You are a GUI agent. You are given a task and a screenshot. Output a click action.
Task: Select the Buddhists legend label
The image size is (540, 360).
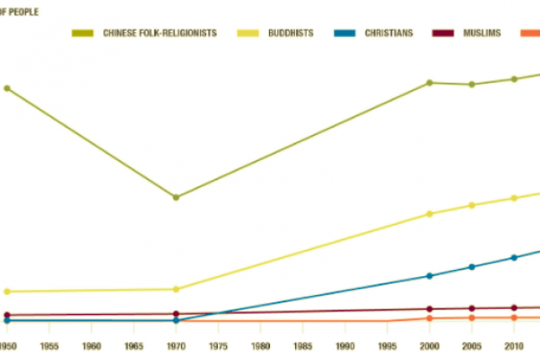[290, 33]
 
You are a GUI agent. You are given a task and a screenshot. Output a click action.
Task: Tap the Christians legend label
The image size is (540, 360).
[389, 33]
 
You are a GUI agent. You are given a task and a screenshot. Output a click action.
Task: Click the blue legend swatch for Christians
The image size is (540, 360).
[345, 33]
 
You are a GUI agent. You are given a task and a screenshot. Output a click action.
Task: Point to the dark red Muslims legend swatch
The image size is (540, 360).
[443, 33]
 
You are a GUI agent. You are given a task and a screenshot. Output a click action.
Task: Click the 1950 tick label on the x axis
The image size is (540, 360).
[7, 346]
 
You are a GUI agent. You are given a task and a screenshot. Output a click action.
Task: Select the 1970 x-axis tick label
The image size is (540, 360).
[176, 346]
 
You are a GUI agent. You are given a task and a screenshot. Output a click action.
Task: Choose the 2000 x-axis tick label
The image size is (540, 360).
[430, 346]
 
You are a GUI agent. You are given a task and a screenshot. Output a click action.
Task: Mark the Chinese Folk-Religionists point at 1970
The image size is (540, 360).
[176, 197]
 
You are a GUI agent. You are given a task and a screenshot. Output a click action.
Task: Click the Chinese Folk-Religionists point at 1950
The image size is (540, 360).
[7, 88]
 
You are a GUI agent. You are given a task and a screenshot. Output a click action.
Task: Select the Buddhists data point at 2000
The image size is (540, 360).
[430, 214]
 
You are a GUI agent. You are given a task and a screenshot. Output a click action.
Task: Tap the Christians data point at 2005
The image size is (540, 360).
[472, 267]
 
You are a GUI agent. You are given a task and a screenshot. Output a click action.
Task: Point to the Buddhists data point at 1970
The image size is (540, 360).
[176, 289]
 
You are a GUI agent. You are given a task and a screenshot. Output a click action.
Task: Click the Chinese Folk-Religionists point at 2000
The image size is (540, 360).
[430, 83]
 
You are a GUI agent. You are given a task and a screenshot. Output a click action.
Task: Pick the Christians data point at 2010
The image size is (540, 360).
[514, 257]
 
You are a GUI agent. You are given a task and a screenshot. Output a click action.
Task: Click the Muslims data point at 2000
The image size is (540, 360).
[430, 310]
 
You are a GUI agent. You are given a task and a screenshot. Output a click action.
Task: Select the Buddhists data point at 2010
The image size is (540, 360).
[514, 198]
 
